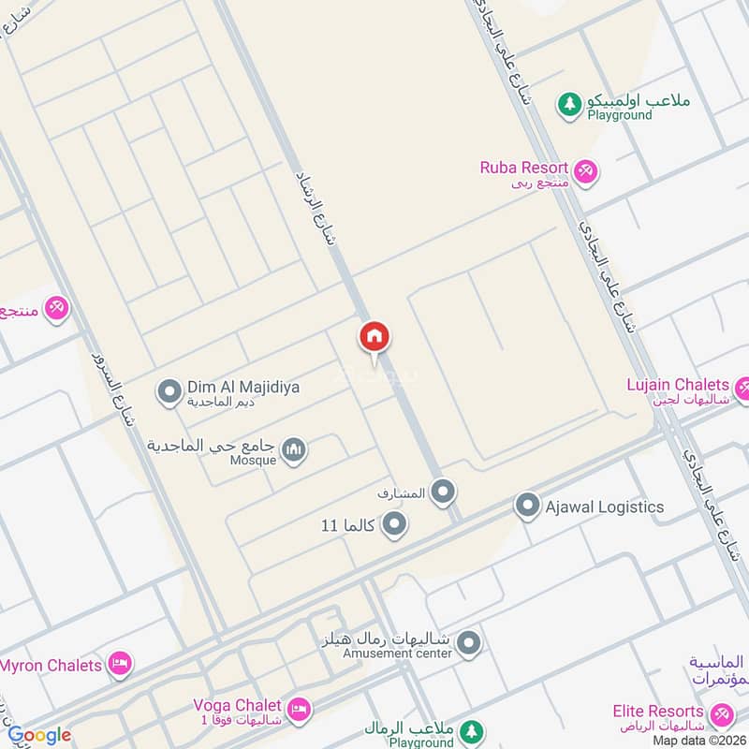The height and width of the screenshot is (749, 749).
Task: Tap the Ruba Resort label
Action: (x=524, y=169)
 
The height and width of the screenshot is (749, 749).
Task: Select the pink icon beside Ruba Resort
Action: (x=587, y=171)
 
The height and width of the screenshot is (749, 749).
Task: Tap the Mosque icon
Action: (x=295, y=451)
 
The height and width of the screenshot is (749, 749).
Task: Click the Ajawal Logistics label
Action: (x=604, y=507)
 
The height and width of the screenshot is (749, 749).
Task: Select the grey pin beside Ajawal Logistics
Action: (x=528, y=508)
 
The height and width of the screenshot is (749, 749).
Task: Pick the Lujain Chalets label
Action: (x=678, y=385)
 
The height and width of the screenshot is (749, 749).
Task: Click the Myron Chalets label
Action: (x=51, y=666)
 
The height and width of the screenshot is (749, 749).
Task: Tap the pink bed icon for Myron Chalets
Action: (x=119, y=666)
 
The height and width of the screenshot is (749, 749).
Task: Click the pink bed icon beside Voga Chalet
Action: (x=299, y=708)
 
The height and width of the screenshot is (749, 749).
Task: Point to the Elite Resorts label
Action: (x=658, y=712)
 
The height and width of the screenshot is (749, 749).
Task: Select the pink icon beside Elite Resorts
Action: (x=721, y=715)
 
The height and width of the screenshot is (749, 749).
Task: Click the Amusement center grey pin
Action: (x=470, y=643)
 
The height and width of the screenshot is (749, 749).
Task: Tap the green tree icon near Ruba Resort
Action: (x=569, y=105)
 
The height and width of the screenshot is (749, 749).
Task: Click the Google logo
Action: (x=39, y=735)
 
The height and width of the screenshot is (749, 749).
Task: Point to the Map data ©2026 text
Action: (x=699, y=740)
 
